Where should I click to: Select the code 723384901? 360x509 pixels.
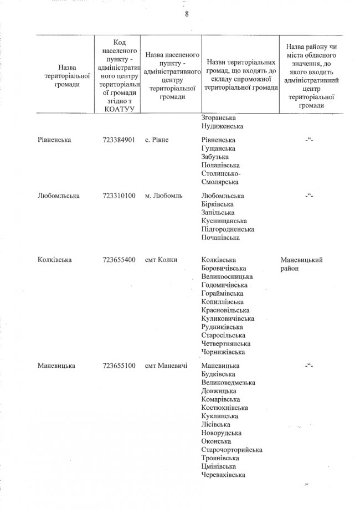coord(119,139)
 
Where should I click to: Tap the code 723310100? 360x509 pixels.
coord(119,196)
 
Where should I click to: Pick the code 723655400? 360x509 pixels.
coord(119,259)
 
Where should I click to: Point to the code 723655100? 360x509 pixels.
coord(119,366)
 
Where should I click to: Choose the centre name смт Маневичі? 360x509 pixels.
coord(166,366)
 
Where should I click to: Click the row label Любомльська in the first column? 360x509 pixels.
coord(58,196)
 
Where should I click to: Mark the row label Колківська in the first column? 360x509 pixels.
coord(55,259)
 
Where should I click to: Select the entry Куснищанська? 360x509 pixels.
coord(227,220)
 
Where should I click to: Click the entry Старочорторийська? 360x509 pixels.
coord(232,449)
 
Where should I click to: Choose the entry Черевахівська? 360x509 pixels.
coord(224,474)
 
